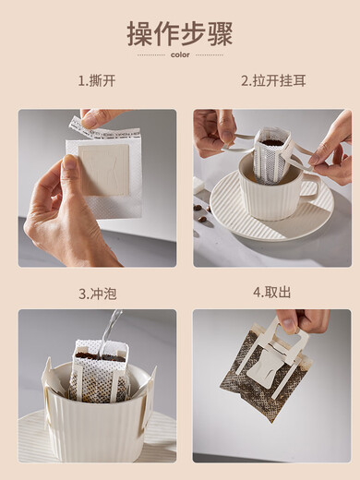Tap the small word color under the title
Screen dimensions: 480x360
click(x=180, y=54)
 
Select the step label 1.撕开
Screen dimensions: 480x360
click(x=97, y=80)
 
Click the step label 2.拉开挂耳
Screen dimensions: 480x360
click(x=271, y=80)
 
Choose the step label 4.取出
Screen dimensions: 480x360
click(x=271, y=293)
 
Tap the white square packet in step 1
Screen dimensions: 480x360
click(x=103, y=175)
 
